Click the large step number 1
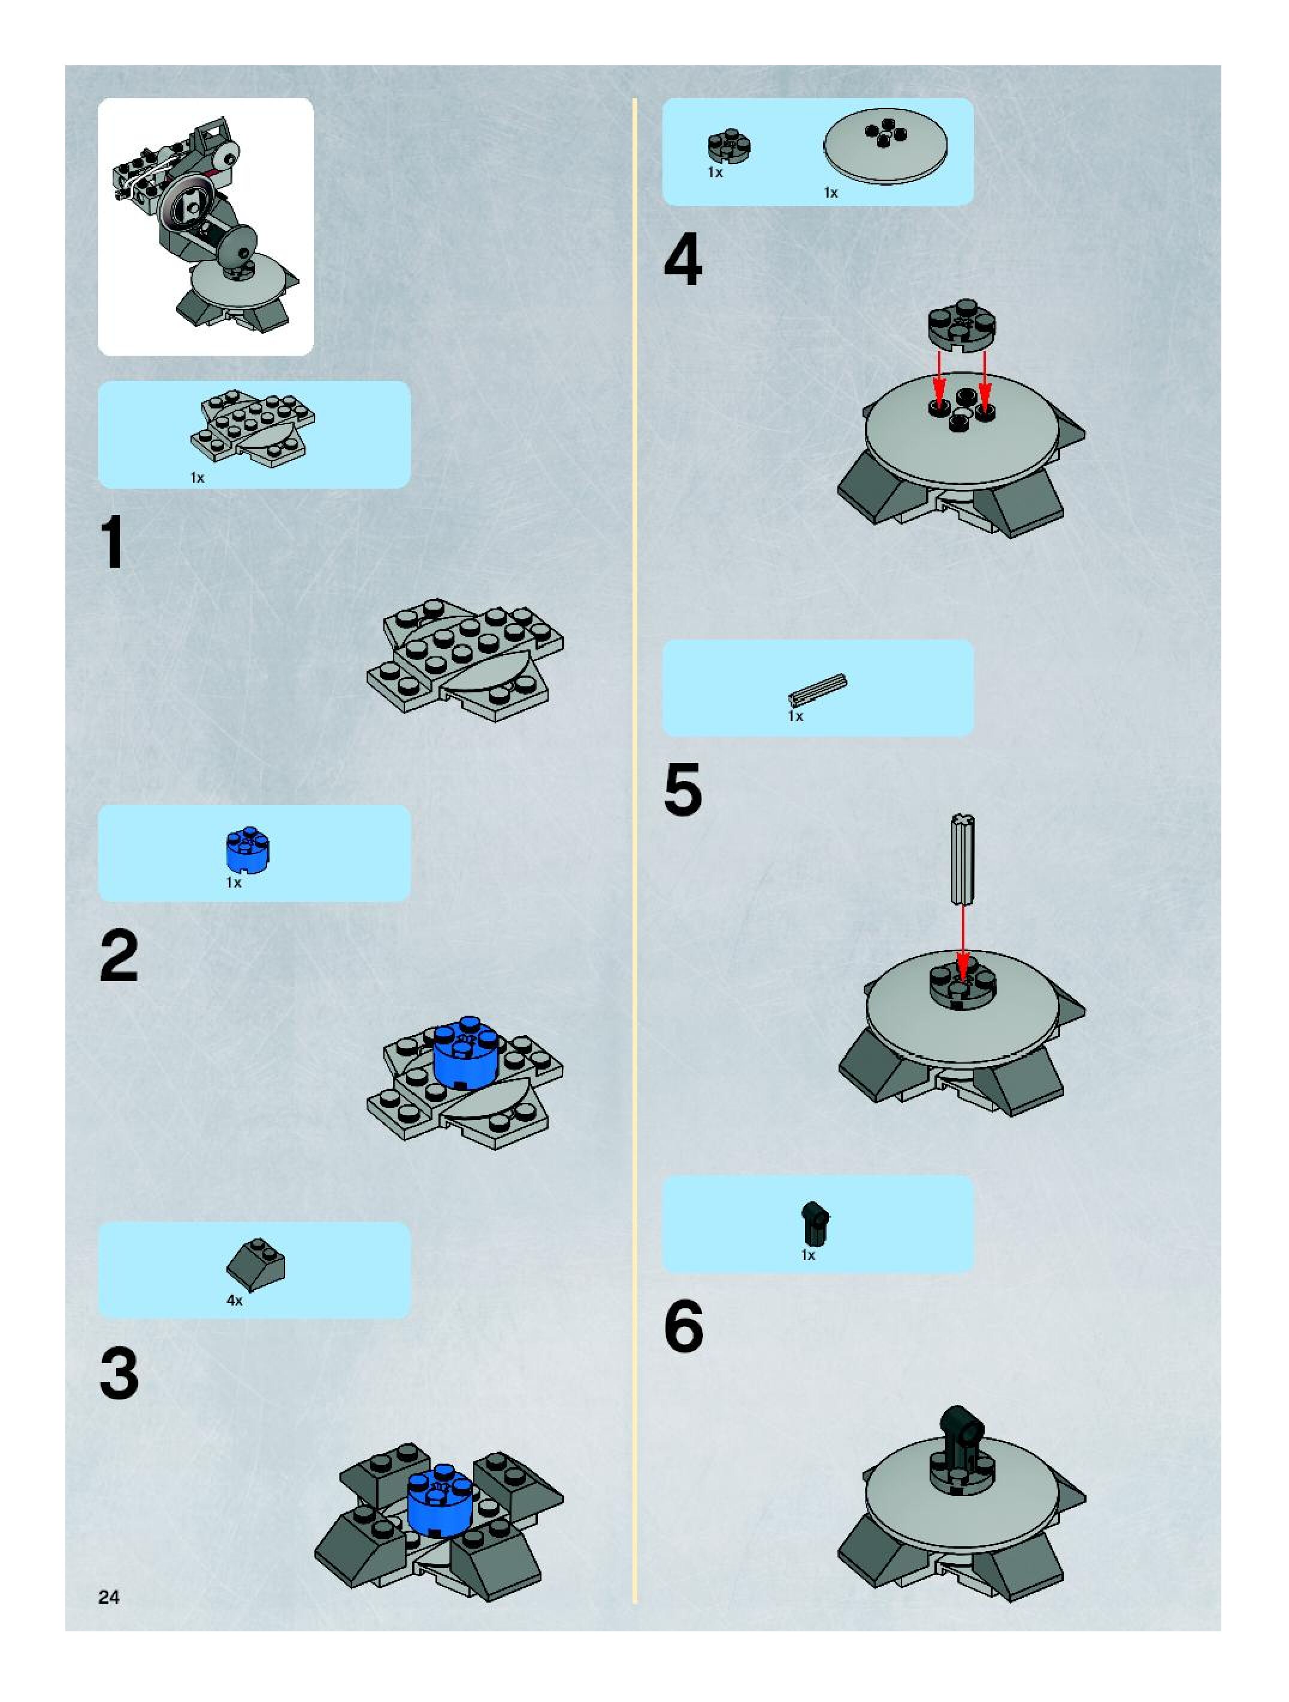113,543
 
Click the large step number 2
119,956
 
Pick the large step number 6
683,1326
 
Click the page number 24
109,1597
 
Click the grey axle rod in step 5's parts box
817,689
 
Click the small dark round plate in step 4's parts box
730,148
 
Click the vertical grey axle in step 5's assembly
962,859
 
